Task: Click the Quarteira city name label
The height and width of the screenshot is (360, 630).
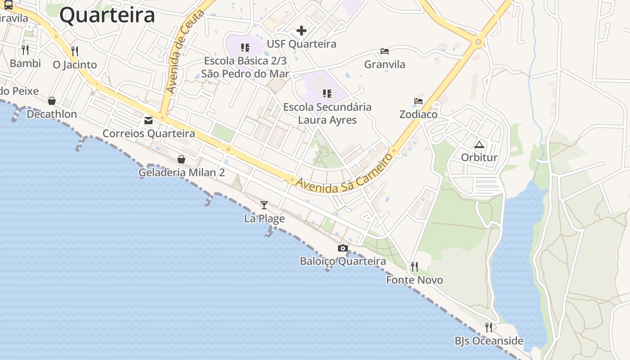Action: (x=107, y=15)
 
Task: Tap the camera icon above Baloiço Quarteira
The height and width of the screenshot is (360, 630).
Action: (x=343, y=248)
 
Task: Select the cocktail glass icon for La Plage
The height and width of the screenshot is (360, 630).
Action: (x=264, y=205)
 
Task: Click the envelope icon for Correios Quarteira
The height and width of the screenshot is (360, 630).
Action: (x=148, y=121)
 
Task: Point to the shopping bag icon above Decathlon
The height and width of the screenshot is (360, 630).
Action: (x=52, y=101)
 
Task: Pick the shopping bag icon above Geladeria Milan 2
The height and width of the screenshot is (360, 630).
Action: (x=181, y=159)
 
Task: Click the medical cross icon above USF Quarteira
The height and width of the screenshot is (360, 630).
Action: (x=301, y=31)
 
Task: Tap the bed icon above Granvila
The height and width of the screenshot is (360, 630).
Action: (x=384, y=51)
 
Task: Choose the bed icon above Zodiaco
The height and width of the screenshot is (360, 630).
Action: (x=418, y=101)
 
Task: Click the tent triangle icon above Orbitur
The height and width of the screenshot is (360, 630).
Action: (x=479, y=144)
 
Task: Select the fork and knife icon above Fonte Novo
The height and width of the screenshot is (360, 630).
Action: (x=414, y=267)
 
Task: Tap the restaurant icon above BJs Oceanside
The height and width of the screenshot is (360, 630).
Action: (x=489, y=327)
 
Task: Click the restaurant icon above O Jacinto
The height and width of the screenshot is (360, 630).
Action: (x=75, y=51)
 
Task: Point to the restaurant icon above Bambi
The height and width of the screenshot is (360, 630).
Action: (x=25, y=49)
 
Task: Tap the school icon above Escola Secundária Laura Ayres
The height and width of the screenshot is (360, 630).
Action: (x=327, y=94)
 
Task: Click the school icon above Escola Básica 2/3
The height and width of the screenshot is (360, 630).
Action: (x=245, y=47)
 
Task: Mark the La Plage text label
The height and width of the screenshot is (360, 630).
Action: (x=265, y=219)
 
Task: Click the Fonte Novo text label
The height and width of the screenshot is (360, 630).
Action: (x=414, y=280)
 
